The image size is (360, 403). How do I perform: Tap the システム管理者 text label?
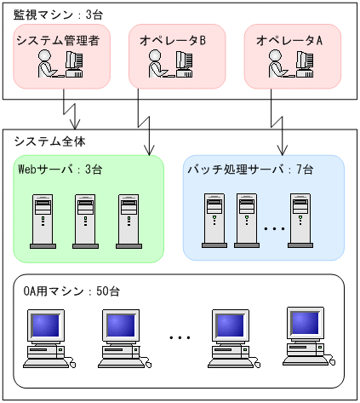click(x=54, y=39)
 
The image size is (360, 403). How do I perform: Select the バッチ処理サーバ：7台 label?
click(x=250, y=170)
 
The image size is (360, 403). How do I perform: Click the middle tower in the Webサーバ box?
click(x=86, y=221)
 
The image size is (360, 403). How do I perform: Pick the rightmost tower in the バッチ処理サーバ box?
click(x=300, y=219)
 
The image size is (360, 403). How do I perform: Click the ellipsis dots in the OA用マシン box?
click(x=180, y=338)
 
